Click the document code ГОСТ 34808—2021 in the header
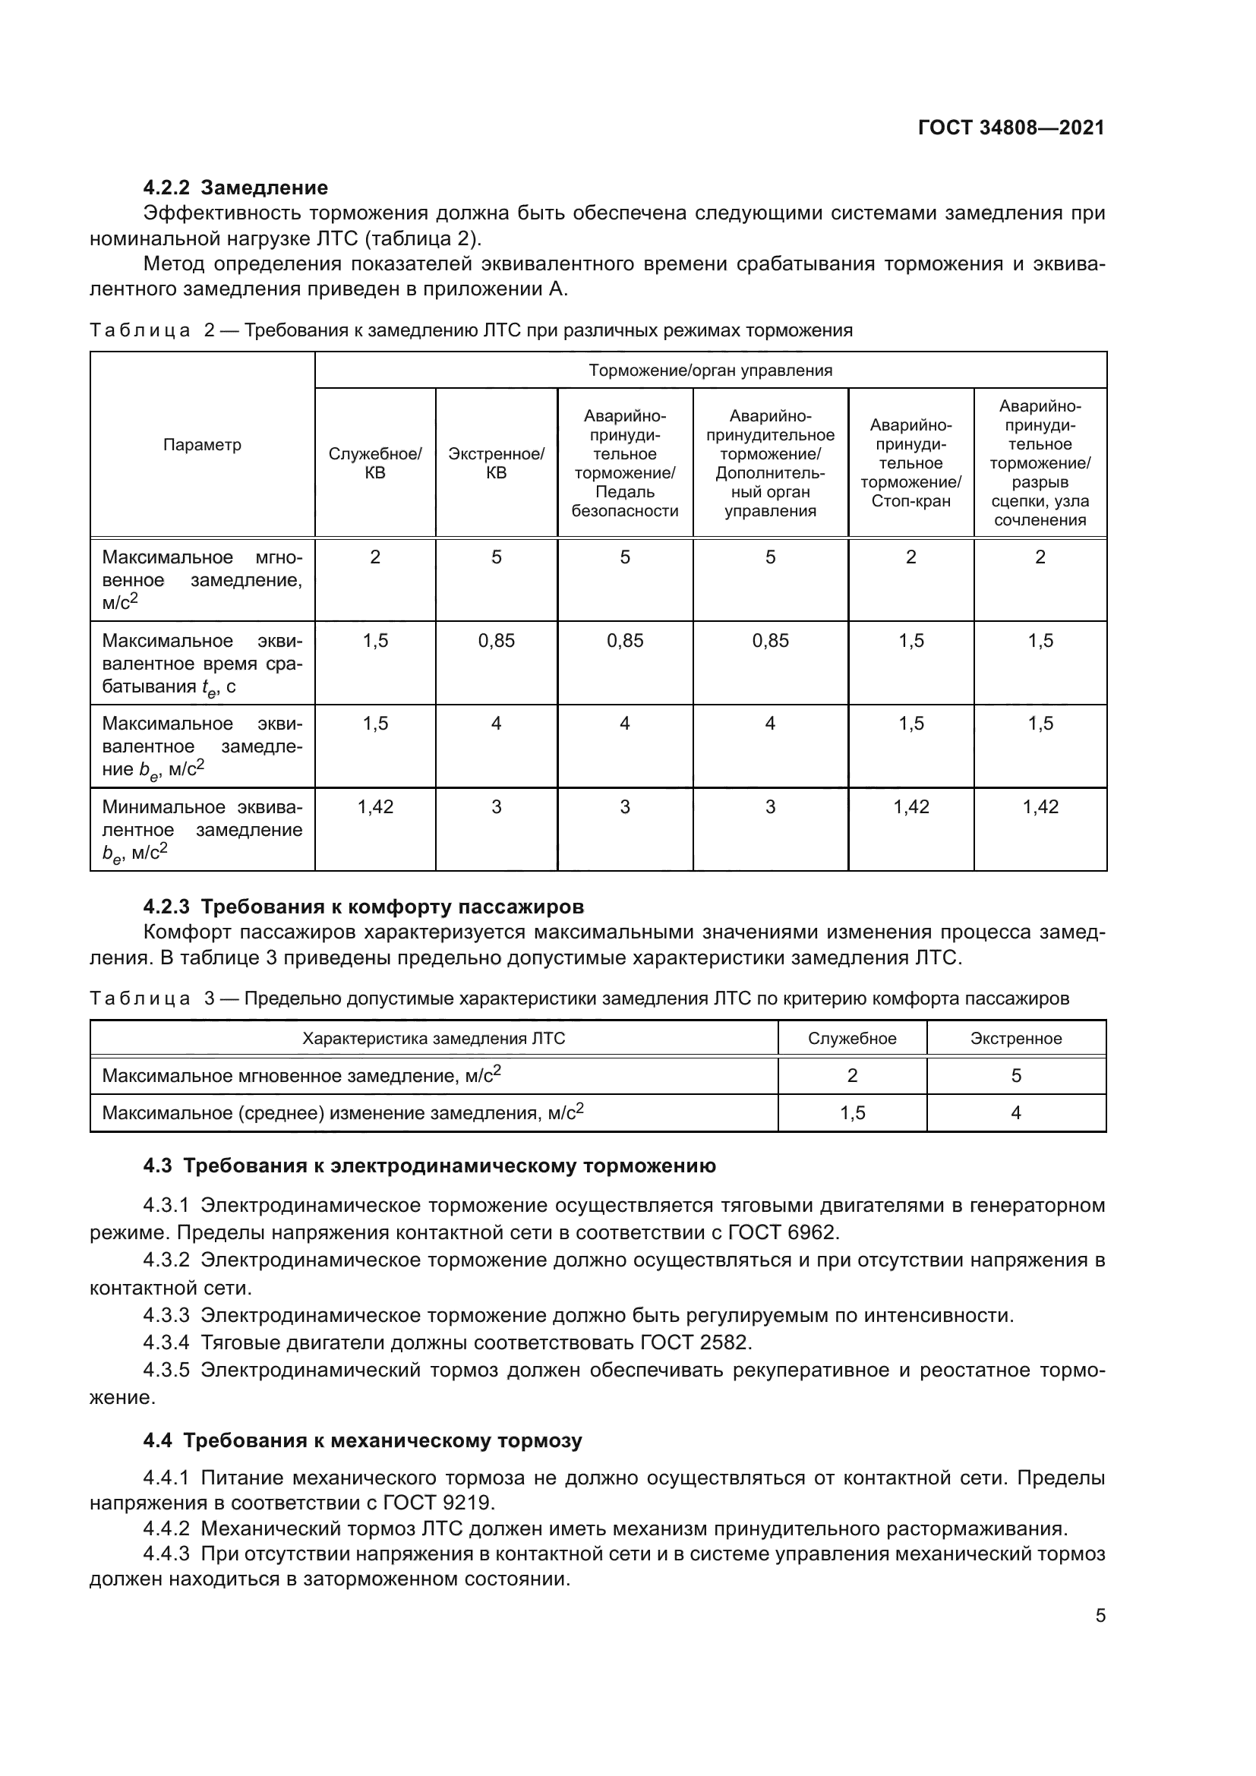[x=1011, y=128]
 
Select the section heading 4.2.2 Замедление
[x=235, y=188]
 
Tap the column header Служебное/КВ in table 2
[x=375, y=462]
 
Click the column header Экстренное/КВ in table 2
[x=496, y=462]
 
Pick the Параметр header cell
[x=202, y=445]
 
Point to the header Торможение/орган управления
[x=710, y=371]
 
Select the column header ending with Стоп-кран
[x=910, y=462]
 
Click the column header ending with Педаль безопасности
[x=624, y=462]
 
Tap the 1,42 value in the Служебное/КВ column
[x=375, y=808]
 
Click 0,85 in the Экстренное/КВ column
[x=496, y=641]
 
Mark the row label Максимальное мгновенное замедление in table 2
[x=202, y=580]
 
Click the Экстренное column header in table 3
[x=1015, y=1039]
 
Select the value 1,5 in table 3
[x=851, y=1113]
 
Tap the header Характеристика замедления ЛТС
[x=433, y=1039]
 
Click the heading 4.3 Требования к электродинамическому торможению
[x=429, y=1166]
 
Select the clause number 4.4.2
[x=166, y=1529]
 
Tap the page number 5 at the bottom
[x=1100, y=1616]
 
